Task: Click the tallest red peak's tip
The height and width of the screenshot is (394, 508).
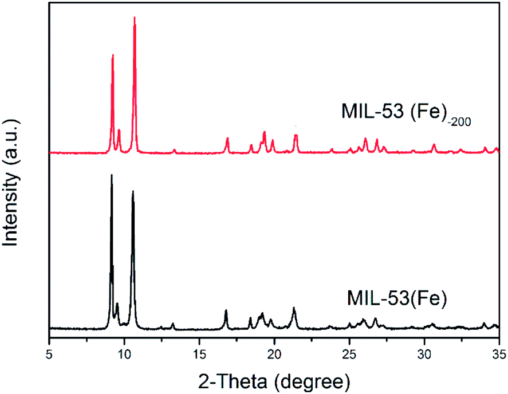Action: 135,18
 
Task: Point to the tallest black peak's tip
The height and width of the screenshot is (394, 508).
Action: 112,175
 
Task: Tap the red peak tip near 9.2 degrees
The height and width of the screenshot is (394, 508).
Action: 113,55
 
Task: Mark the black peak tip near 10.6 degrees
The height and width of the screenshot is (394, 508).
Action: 133,191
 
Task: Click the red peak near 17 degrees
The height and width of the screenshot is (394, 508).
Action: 227,139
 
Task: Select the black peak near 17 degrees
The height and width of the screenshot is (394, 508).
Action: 226,310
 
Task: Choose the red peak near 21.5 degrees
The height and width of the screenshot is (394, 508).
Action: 296,136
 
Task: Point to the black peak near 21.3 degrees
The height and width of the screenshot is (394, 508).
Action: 294,308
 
